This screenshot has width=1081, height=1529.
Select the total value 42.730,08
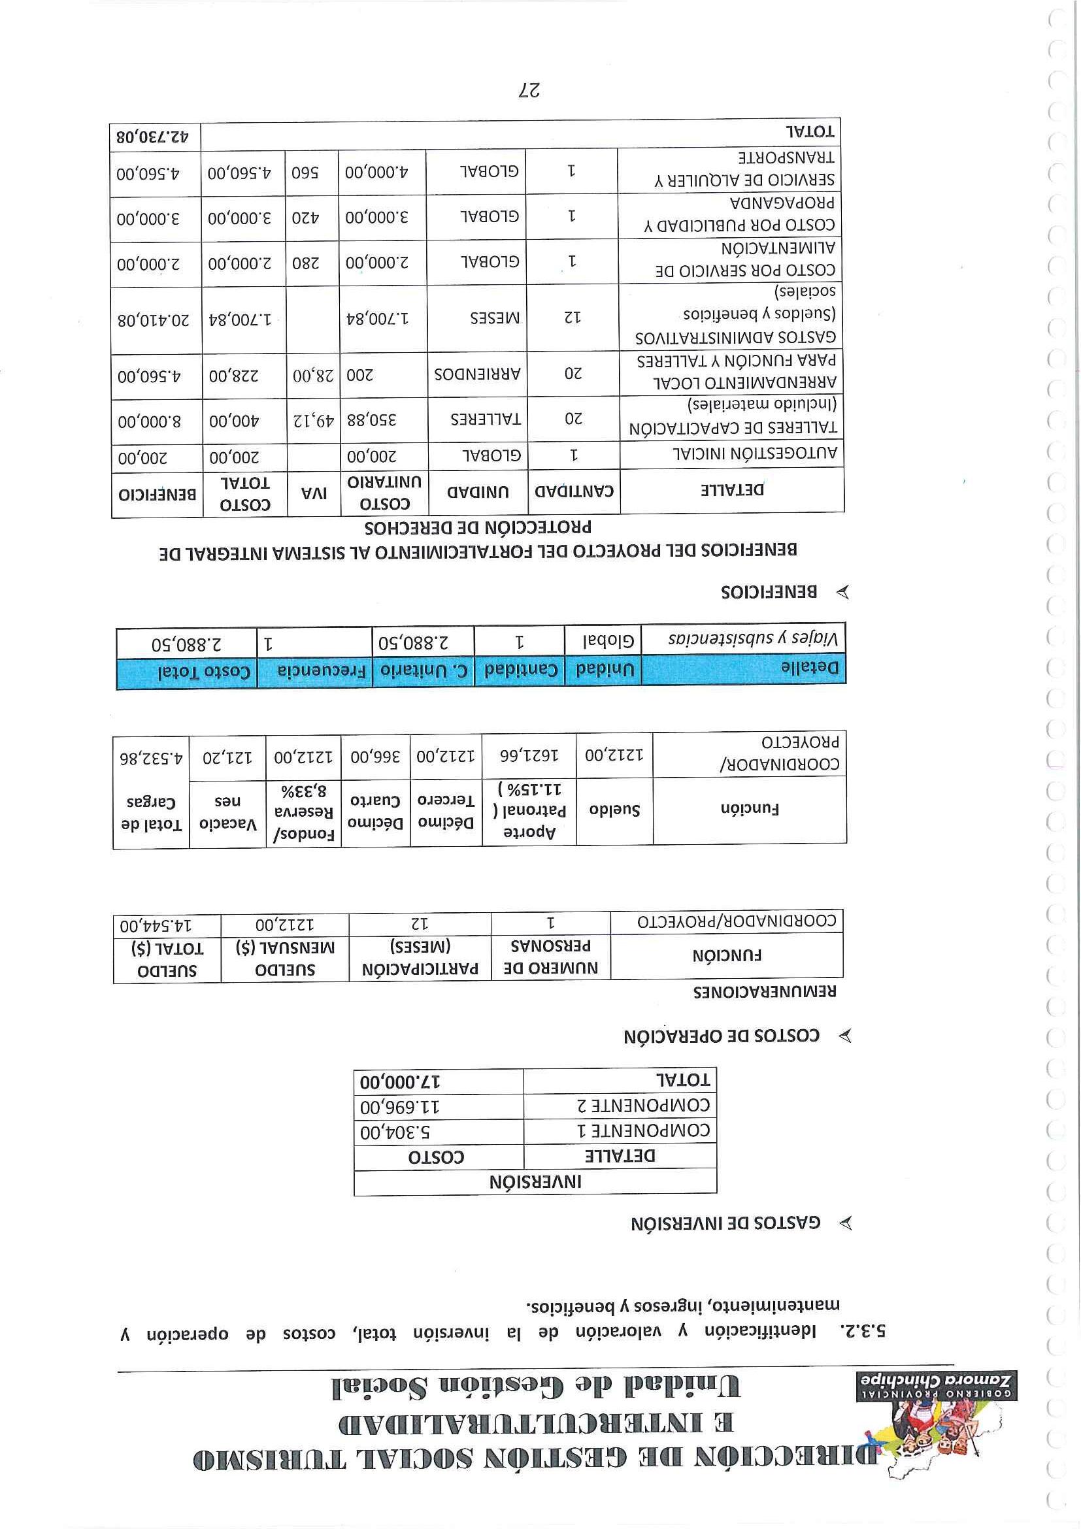pos(152,137)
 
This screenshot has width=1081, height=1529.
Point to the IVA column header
pos(312,493)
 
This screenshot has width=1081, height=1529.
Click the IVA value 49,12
pos(313,421)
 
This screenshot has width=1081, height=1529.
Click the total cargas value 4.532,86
pos(150,758)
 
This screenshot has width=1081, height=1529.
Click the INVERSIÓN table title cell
pos(535,1183)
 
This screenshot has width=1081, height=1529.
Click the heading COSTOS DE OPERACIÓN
pos(722,1036)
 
